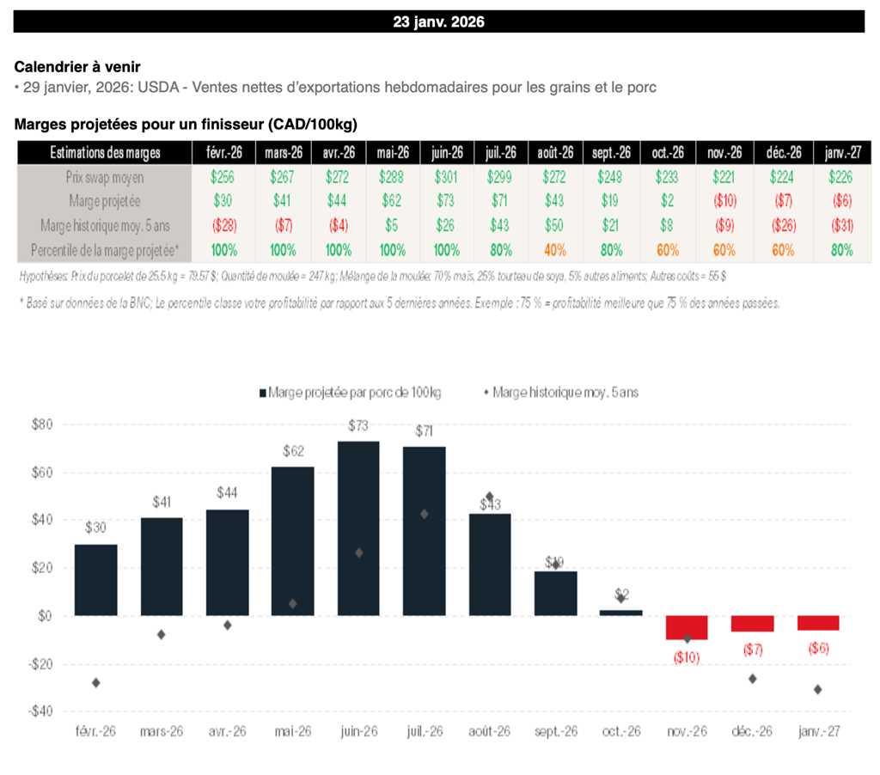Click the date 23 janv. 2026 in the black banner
pos(438,22)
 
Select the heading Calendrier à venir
pos(77,67)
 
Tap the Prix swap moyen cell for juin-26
pos(446,177)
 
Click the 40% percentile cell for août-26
pos(555,250)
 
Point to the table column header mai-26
pos(392,153)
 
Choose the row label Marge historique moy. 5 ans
pos(104,225)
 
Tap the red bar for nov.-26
pos(687,627)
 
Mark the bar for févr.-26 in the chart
pos(96,579)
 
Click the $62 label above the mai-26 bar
pos(293,450)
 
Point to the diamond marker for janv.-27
pos(817,689)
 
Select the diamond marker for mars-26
pos(162,634)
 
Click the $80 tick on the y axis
pos(42,424)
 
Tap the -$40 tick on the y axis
pos(42,711)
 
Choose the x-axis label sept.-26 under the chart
pos(554,731)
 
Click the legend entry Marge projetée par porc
pos(350,392)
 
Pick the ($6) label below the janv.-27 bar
pos(818,649)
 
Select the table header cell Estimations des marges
pos(104,153)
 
